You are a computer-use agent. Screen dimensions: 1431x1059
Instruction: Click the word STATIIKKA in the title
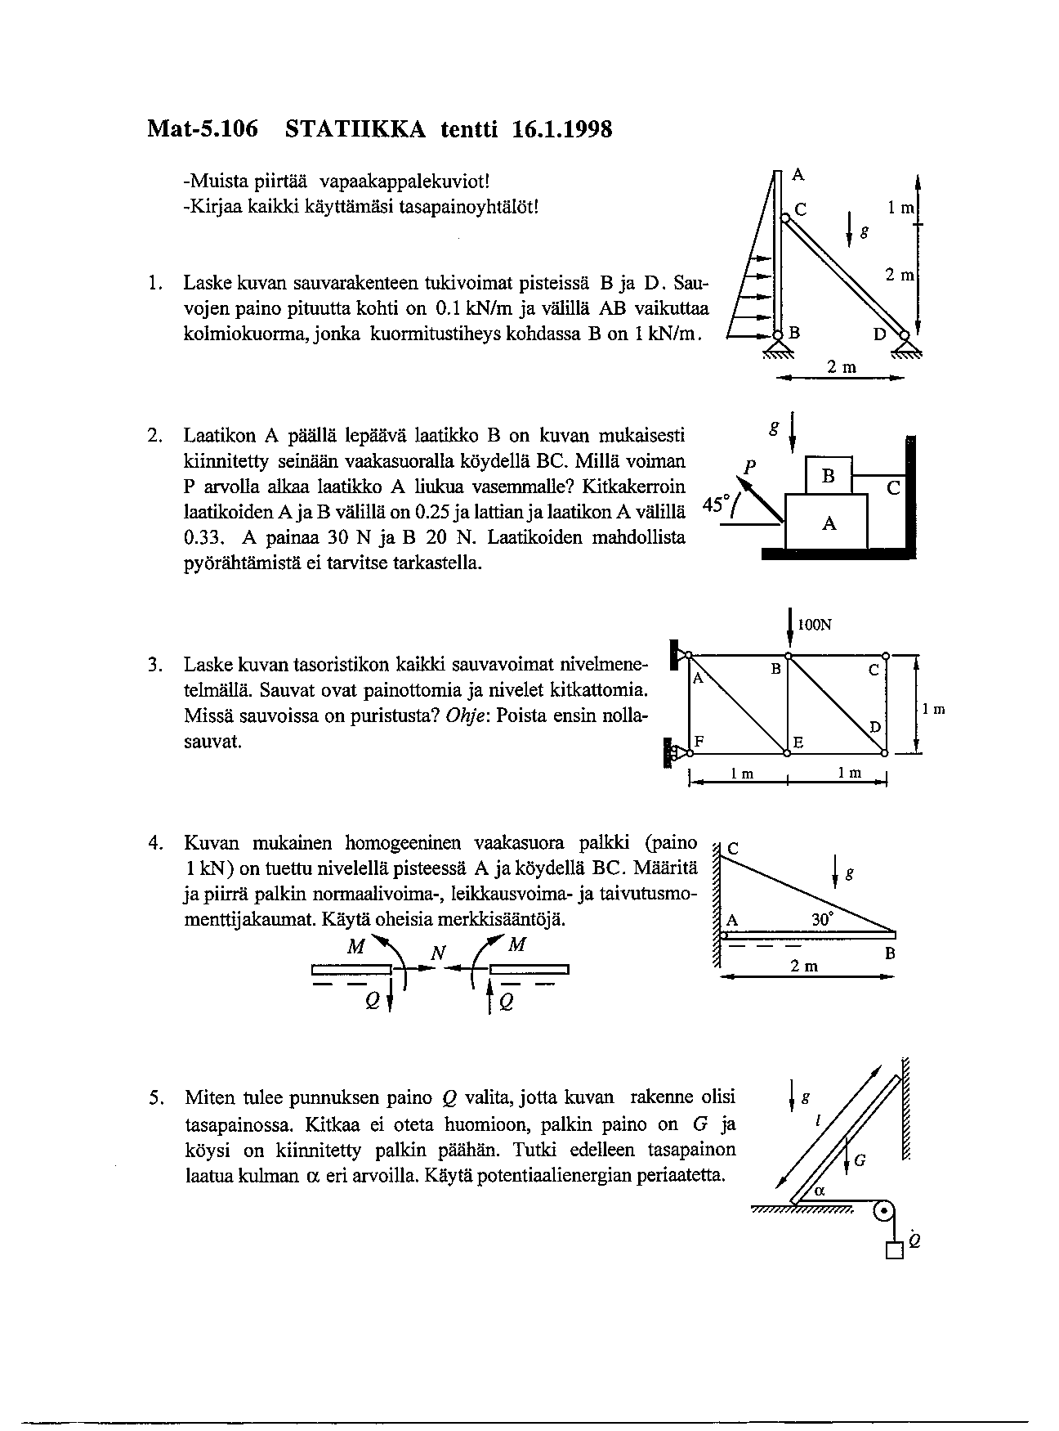(x=355, y=128)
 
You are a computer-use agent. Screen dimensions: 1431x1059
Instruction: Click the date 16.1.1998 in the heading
(x=563, y=128)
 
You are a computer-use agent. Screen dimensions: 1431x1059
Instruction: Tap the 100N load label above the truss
(x=815, y=626)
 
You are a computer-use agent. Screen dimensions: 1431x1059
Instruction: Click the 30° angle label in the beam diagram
(x=823, y=919)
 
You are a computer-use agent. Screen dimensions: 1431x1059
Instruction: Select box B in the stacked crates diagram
(x=828, y=476)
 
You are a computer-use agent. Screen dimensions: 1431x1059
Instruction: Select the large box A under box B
(x=827, y=523)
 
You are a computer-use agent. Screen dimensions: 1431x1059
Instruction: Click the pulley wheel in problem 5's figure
(x=883, y=1212)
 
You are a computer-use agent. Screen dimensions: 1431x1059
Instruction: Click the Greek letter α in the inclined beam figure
(x=820, y=1191)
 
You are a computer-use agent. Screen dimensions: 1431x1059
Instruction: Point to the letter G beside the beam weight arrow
(x=860, y=1160)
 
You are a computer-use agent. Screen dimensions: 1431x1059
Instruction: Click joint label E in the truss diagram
(x=799, y=742)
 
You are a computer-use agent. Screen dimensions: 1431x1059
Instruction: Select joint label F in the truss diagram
(x=699, y=741)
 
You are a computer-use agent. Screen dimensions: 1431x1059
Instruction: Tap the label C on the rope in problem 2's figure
(x=892, y=489)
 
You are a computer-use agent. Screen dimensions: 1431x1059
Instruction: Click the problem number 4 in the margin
(x=153, y=843)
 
